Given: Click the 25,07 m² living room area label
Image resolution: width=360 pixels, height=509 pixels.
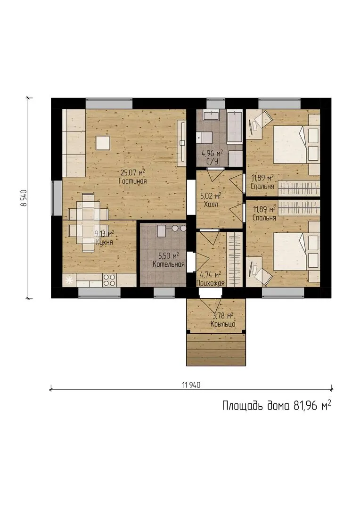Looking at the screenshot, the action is (132, 172).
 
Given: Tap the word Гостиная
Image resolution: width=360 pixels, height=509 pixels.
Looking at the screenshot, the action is (132, 181).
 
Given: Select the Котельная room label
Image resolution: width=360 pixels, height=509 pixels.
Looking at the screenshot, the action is (169, 264).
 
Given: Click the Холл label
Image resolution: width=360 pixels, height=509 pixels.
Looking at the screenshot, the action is (211, 205).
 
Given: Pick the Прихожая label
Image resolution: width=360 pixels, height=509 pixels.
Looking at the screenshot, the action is (211, 283).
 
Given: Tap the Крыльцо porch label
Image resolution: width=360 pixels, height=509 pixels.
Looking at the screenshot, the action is (223, 324).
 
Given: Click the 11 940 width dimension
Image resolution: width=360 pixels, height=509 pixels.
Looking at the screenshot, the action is (191, 385).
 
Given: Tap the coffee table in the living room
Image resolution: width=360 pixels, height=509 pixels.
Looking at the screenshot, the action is (103, 143).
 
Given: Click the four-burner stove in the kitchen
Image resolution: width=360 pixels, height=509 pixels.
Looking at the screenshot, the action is (109, 280).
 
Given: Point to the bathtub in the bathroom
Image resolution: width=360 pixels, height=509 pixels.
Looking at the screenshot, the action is (235, 127).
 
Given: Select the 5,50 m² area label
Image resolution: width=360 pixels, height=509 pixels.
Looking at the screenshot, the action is (169, 256).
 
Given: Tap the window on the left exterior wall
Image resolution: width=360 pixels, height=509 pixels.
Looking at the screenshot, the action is (57, 197).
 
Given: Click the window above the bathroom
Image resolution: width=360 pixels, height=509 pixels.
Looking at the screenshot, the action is (216, 104).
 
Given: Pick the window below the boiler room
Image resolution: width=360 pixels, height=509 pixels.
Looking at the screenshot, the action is (164, 293).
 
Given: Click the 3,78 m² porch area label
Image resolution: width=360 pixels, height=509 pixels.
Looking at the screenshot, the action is (223, 315).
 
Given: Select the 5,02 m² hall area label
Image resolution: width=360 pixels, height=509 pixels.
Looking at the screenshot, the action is (211, 196).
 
